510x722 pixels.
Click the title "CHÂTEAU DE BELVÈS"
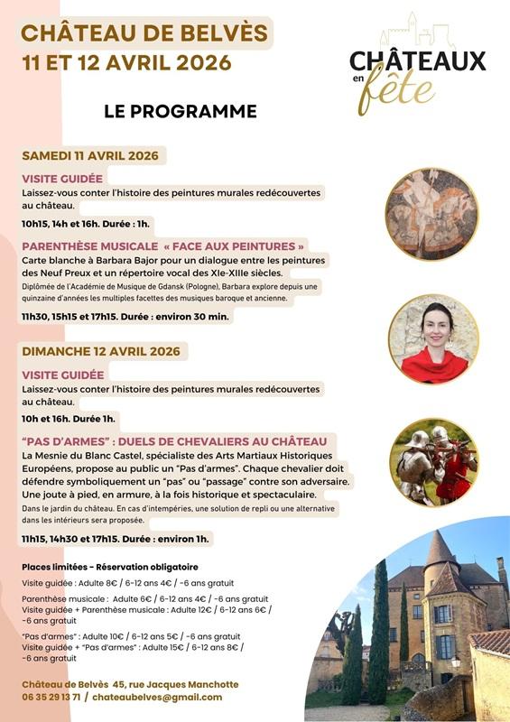(x=144, y=34)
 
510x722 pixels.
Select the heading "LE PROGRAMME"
(x=181, y=111)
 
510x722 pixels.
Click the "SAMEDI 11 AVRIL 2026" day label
(x=89, y=155)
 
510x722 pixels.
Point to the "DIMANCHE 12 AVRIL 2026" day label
(x=100, y=351)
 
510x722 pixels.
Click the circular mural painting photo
(x=431, y=214)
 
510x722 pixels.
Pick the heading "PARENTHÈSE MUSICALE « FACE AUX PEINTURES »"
(x=163, y=245)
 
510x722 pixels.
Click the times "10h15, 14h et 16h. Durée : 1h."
(x=86, y=223)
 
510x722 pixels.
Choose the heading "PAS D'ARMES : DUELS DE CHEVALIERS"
(x=174, y=441)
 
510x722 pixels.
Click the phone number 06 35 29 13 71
(x=51, y=697)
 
